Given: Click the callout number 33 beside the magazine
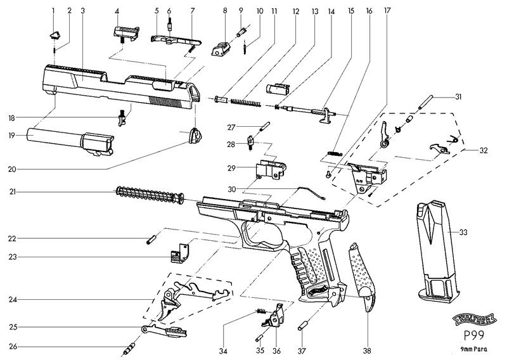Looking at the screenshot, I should (x=463, y=233).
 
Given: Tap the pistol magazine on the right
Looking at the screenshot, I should (x=437, y=250).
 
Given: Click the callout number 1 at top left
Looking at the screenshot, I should (x=53, y=11).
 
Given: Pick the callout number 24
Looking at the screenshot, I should (x=13, y=299).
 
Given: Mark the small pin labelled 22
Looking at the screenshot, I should (x=151, y=239).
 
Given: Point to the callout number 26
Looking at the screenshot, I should (x=13, y=346).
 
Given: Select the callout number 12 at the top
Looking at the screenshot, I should (x=295, y=11).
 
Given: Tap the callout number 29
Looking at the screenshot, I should (x=233, y=168).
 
